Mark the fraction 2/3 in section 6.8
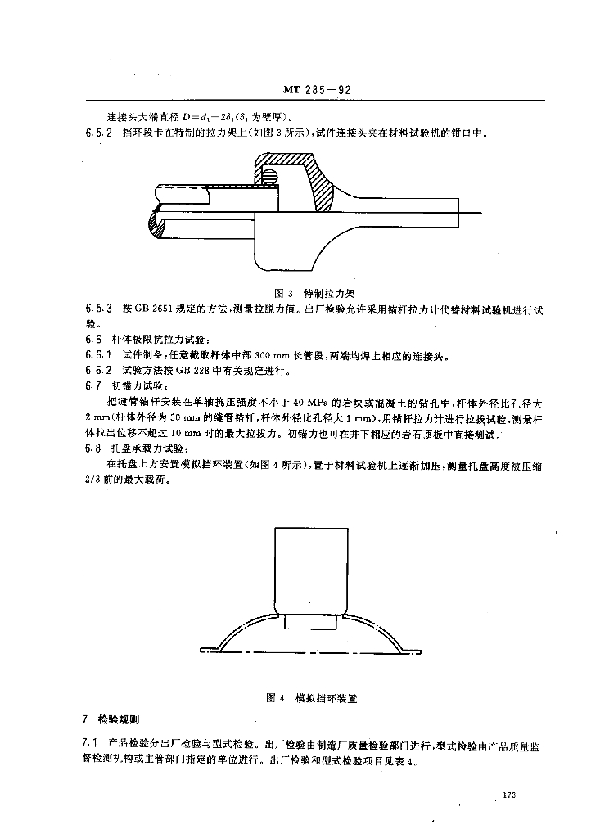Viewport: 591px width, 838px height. [92, 480]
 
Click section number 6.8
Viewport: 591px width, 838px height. [92, 448]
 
